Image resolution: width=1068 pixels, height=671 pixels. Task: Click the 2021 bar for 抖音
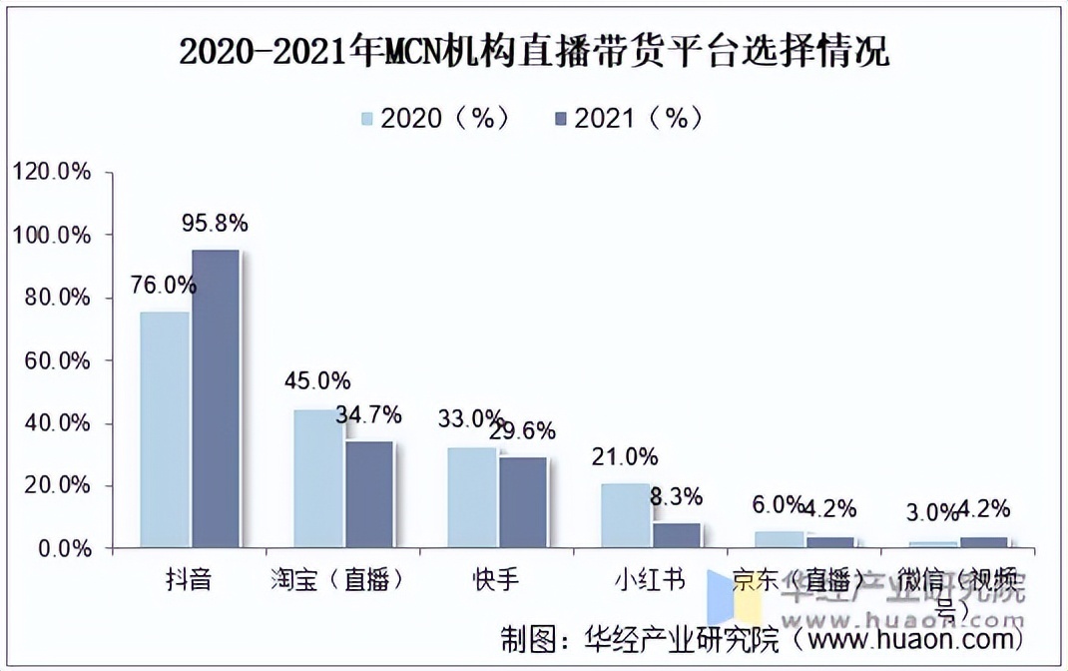click(216, 398)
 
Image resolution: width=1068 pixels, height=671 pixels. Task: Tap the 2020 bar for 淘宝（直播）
click(318, 478)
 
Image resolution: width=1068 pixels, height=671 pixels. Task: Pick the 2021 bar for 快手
click(523, 502)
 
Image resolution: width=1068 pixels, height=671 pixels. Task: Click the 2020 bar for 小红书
click(626, 515)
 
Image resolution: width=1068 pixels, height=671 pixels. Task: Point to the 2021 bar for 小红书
click(677, 535)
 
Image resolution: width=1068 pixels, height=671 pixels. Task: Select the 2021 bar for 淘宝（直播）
click(369, 494)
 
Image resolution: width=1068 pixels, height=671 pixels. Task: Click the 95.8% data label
click(215, 224)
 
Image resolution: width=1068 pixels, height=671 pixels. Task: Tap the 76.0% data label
click(164, 286)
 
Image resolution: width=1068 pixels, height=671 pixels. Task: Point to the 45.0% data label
click(317, 381)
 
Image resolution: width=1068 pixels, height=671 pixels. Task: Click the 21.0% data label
click(625, 457)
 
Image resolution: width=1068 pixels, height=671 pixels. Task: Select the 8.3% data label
click(676, 496)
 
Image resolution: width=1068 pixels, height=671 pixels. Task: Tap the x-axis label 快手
click(497, 579)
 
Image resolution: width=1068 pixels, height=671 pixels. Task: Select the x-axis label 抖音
click(189, 579)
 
